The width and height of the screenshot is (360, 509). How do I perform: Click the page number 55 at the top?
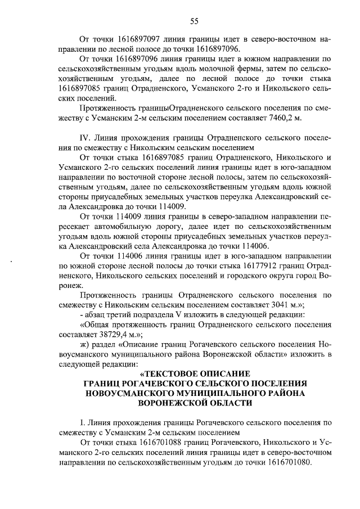(193, 21)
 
